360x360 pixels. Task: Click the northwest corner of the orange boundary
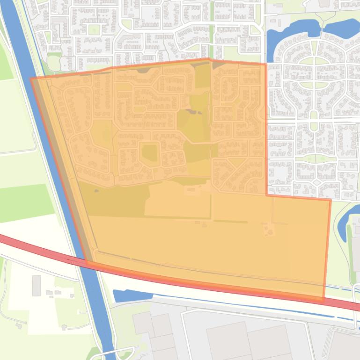(31, 79)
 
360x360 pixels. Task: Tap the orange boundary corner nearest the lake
(266, 64)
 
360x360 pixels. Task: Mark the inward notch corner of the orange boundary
(267, 195)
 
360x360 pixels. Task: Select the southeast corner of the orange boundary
(323, 298)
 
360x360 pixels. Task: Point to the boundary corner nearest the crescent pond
(331, 200)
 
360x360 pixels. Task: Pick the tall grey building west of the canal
(37, 285)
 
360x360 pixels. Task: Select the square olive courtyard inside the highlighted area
(150, 152)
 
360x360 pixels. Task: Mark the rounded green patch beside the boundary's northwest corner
(54, 62)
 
